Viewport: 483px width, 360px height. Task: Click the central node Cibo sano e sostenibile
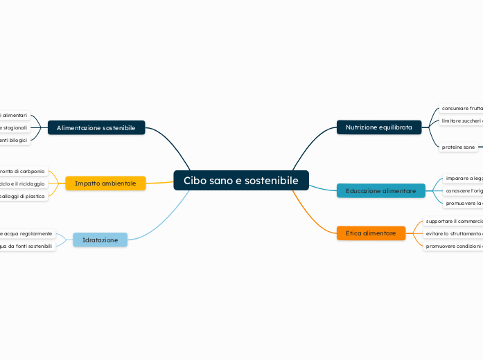240,181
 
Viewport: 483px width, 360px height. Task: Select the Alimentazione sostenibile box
96,127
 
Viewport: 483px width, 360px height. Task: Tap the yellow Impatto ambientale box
105,183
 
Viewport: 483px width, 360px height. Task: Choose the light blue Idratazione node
100,240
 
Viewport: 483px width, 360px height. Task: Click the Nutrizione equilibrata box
378,127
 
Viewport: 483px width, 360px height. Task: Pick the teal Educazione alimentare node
380,190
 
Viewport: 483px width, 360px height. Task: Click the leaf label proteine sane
458,147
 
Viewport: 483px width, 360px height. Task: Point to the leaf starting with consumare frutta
462,109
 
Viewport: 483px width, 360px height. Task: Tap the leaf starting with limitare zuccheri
462,121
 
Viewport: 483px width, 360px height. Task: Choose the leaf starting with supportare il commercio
453,221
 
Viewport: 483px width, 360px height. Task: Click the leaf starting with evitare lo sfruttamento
453,233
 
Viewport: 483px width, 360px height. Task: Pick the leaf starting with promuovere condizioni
453,246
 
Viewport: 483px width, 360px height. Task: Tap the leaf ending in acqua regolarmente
26,233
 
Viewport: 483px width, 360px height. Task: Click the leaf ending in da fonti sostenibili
26,246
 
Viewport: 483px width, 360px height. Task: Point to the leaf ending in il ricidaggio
22,183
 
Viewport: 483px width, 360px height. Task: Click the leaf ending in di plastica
22,196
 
